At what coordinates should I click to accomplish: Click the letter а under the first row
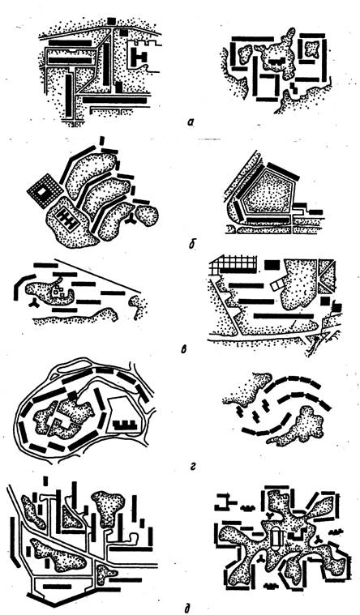pyautogui.click(x=191, y=122)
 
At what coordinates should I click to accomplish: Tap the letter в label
pyautogui.click(x=184, y=348)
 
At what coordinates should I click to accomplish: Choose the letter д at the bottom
pyautogui.click(x=187, y=609)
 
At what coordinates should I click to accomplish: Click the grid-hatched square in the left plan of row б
pyautogui.click(x=44, y=191)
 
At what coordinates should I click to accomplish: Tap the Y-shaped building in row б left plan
pyautogui.click(x=131, y=221)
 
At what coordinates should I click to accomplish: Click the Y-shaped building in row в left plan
pyautogui.click(x=32, y=302)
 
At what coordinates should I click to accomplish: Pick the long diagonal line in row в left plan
pyautogui.click(x=97, y=275)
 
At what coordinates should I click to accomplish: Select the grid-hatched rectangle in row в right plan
pyautogui.click(x=234, y=265)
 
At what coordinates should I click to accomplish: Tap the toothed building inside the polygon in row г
pyautogui.click(x=125, y=425)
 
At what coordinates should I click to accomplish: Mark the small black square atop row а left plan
pyautogui.click(x=112, y=21)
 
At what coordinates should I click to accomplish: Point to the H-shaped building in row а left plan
pyautogui.click(x=139, y=57)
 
